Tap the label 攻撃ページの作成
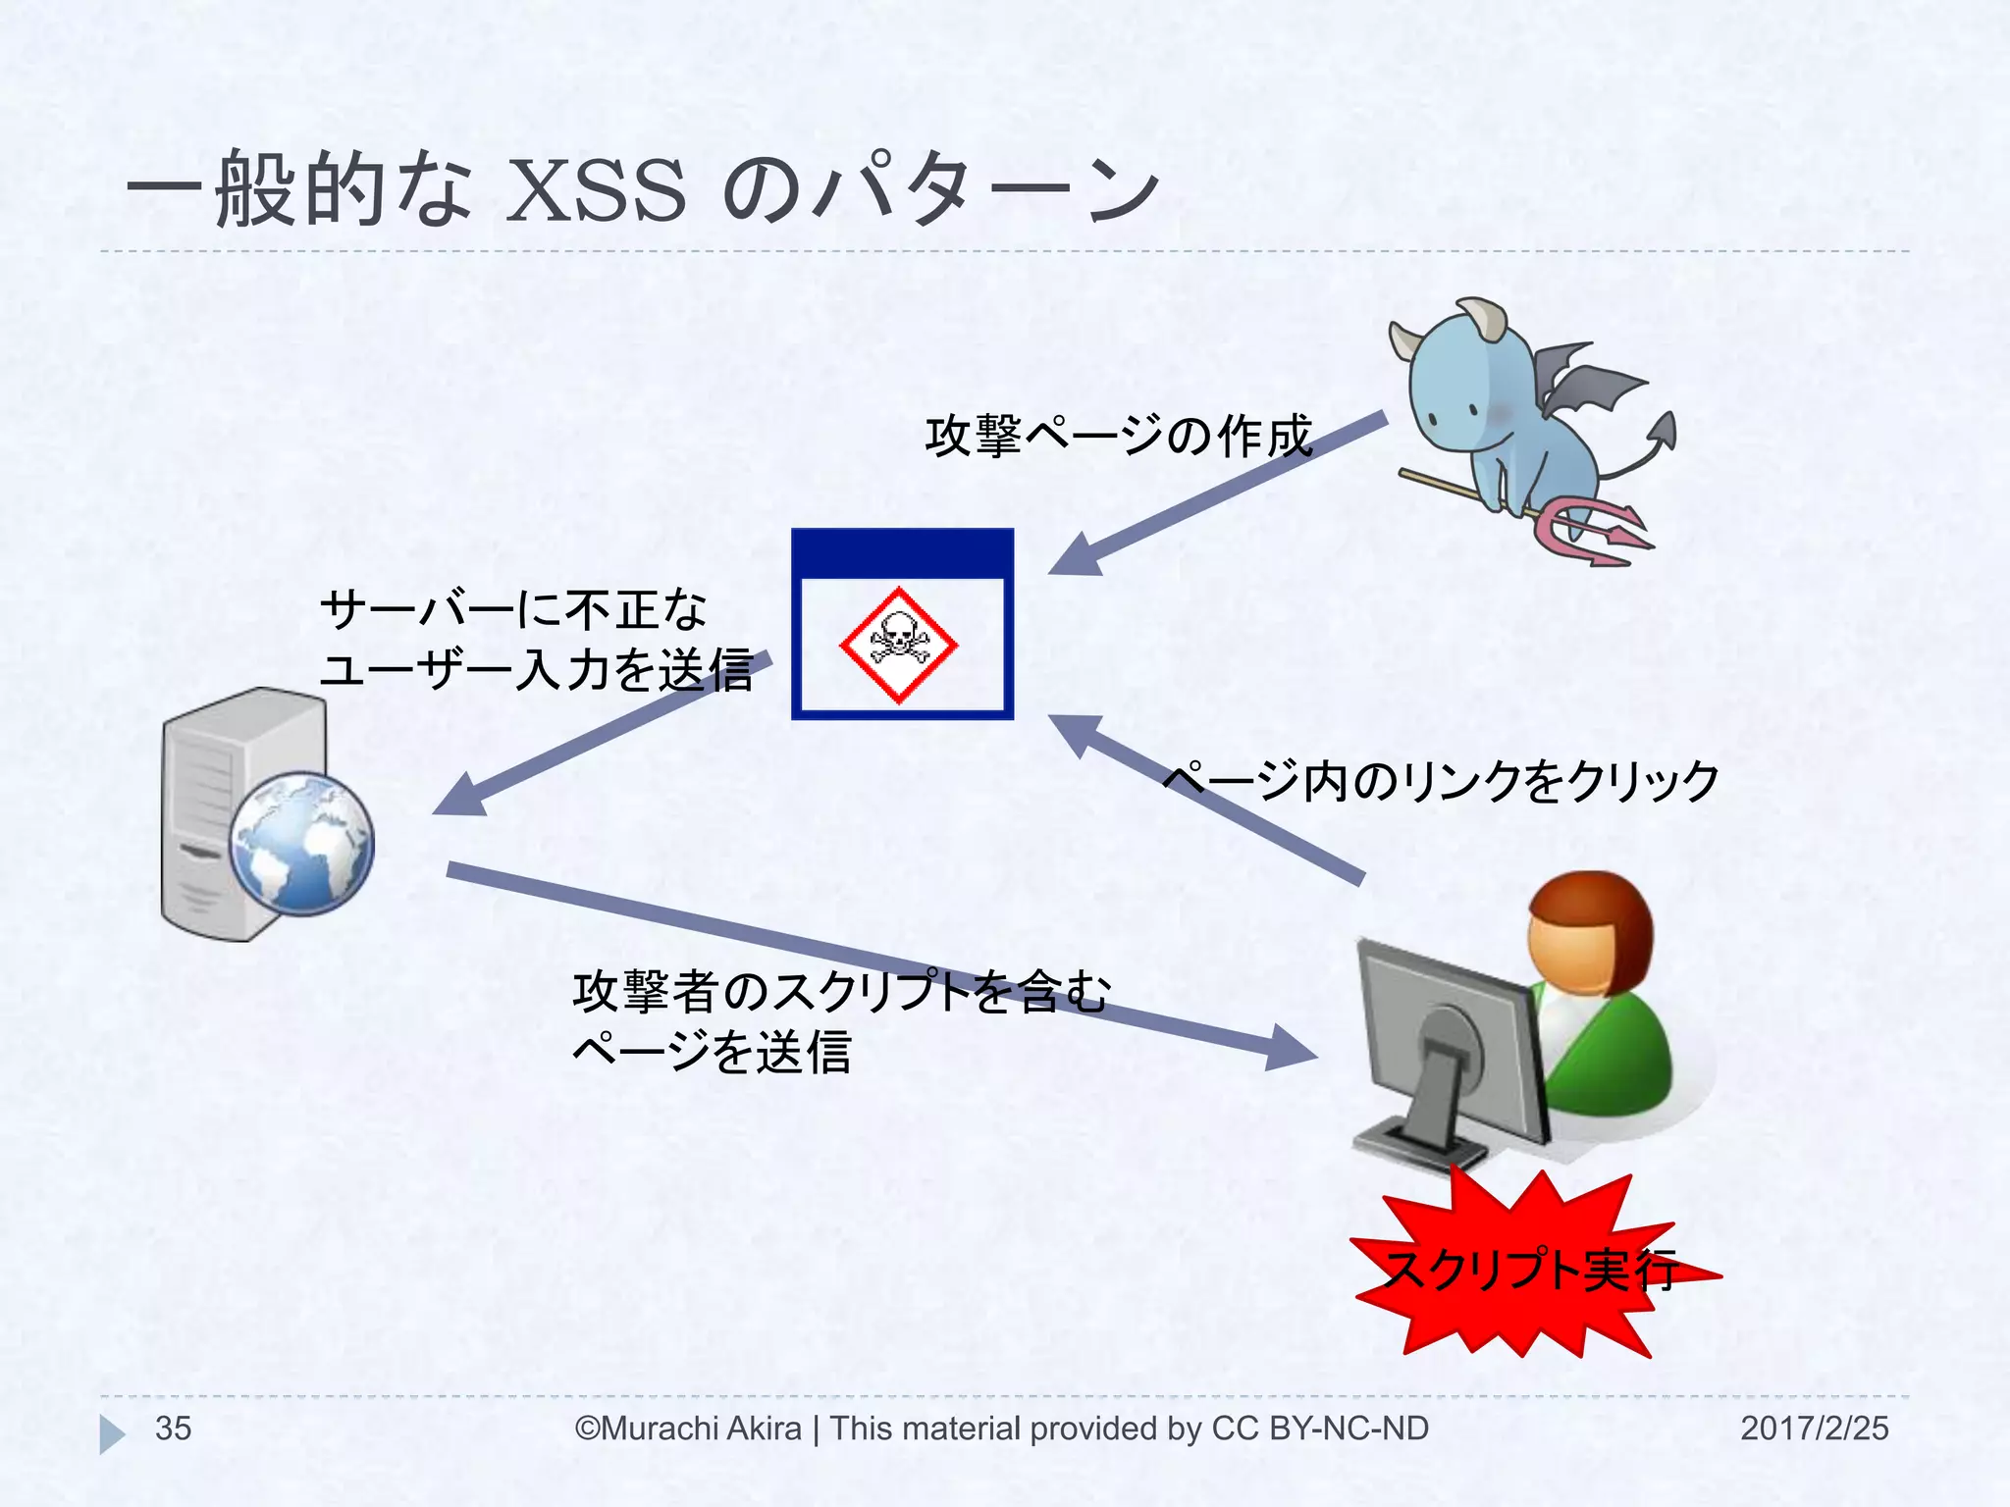coord(1118,437)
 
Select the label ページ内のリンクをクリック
coord(1440,782)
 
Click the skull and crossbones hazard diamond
coord(898,645)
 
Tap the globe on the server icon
coord(301,844)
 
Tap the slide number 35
coord(173,1429)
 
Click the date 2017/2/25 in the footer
coord(1814,1429)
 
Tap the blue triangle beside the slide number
coord(111,1433)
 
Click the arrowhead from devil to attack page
coord(1078,555)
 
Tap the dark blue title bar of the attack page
coord(902,552)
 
